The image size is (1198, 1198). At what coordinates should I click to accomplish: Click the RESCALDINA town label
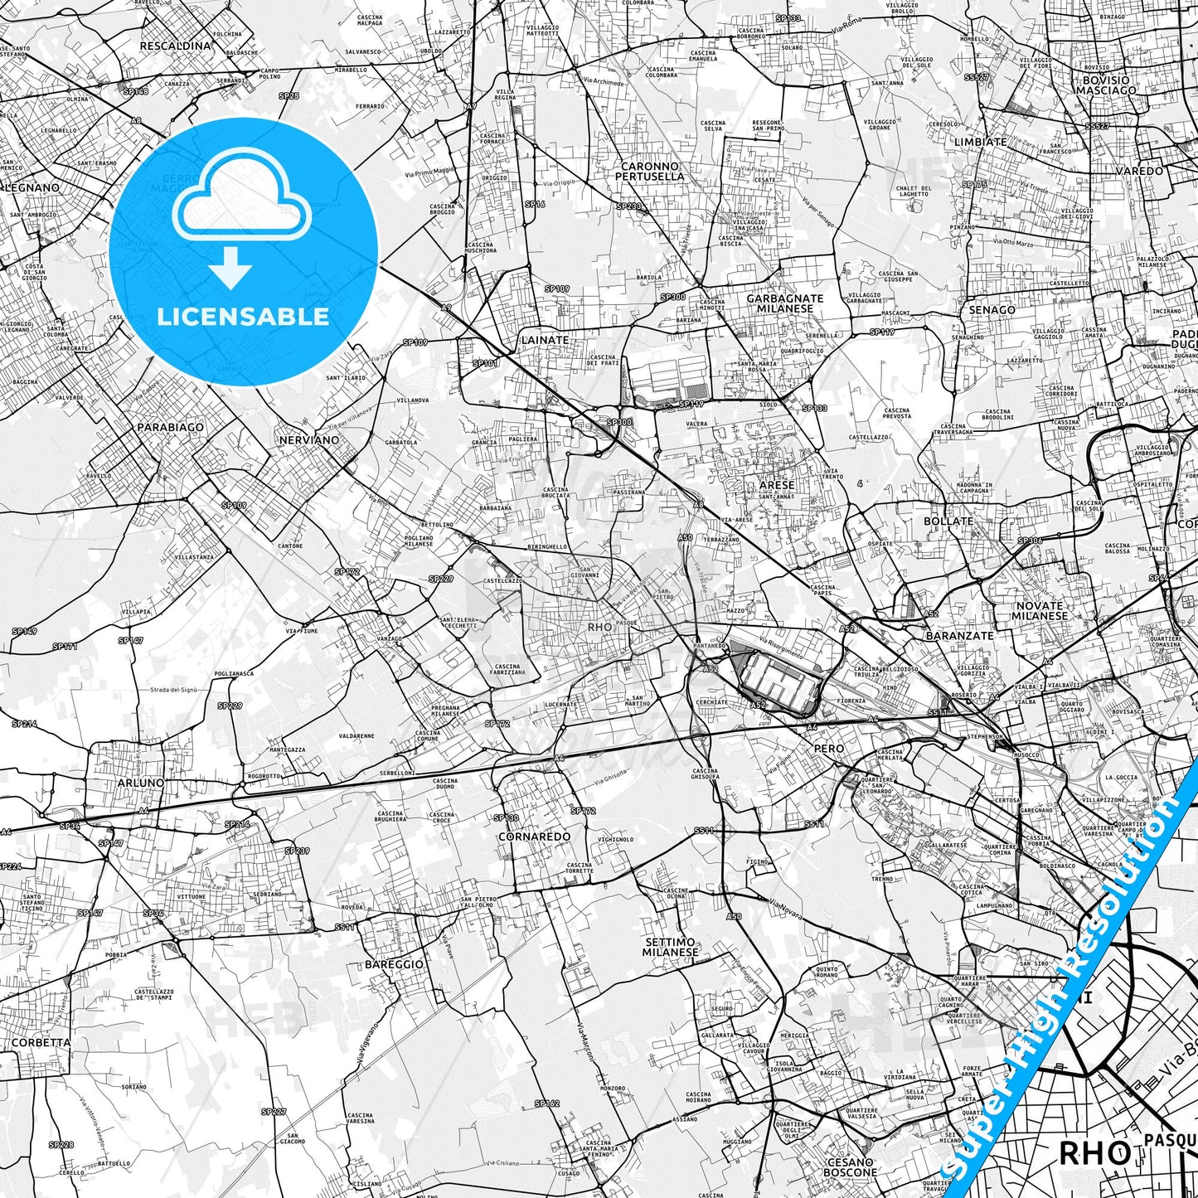click(x=175, y=46)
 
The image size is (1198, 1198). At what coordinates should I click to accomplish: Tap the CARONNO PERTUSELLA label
click(x=650, y=172)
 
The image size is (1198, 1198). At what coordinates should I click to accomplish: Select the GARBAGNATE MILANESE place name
click(x=785, y=303)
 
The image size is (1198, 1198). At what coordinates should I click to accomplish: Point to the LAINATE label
click(x=545, y=340)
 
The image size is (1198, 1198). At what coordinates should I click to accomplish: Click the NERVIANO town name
click(x=308, y=440)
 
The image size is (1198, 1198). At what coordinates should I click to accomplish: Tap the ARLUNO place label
click(x=140, y=783)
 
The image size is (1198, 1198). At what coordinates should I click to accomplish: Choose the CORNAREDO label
click(x=534, y=837)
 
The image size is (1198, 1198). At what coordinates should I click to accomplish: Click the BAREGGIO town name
click(x=394, y=964)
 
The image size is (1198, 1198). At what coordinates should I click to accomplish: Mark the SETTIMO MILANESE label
click(x=670, y=947)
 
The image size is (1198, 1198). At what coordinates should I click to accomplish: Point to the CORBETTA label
click(x=41, y=1042)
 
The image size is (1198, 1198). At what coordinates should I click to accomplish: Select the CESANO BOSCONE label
click(x=850, y=1167)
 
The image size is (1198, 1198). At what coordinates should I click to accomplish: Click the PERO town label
click(x=829, y=749)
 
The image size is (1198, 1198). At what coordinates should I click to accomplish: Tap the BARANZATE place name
click(x=959, y=636)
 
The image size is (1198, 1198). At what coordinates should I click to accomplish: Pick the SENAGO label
click(x=992, y=310)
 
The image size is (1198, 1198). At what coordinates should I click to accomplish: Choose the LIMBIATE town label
click(x=980, y=142)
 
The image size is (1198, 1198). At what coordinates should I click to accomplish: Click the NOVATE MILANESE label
click(x=1040, y=611)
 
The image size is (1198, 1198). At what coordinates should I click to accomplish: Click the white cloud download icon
click(x=242, y=217)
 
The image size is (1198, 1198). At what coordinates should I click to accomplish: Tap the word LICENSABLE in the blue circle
click(x=243, y=316)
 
